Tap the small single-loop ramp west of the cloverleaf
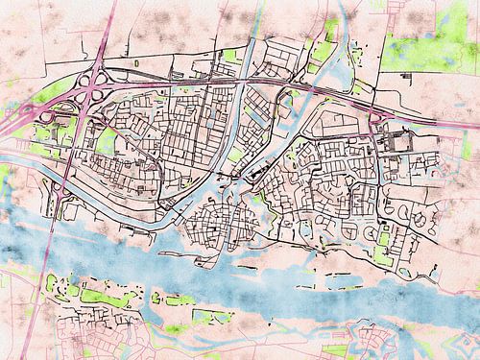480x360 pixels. tap(43, 115)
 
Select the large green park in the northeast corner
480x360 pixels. tap(427, 43)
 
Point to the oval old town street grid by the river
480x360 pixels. tap(221, 226)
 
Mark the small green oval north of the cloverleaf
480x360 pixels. tap(135, 63)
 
